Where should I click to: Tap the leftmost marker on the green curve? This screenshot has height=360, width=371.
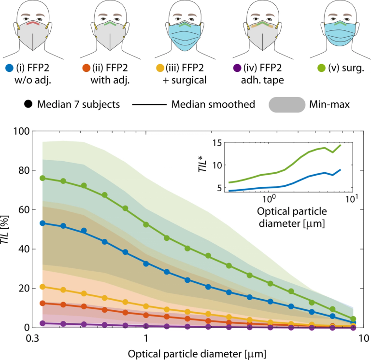tap(42, 178)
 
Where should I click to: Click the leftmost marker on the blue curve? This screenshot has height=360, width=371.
tap(42, 223)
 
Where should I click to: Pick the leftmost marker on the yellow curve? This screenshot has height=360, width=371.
tap(42, 287)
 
